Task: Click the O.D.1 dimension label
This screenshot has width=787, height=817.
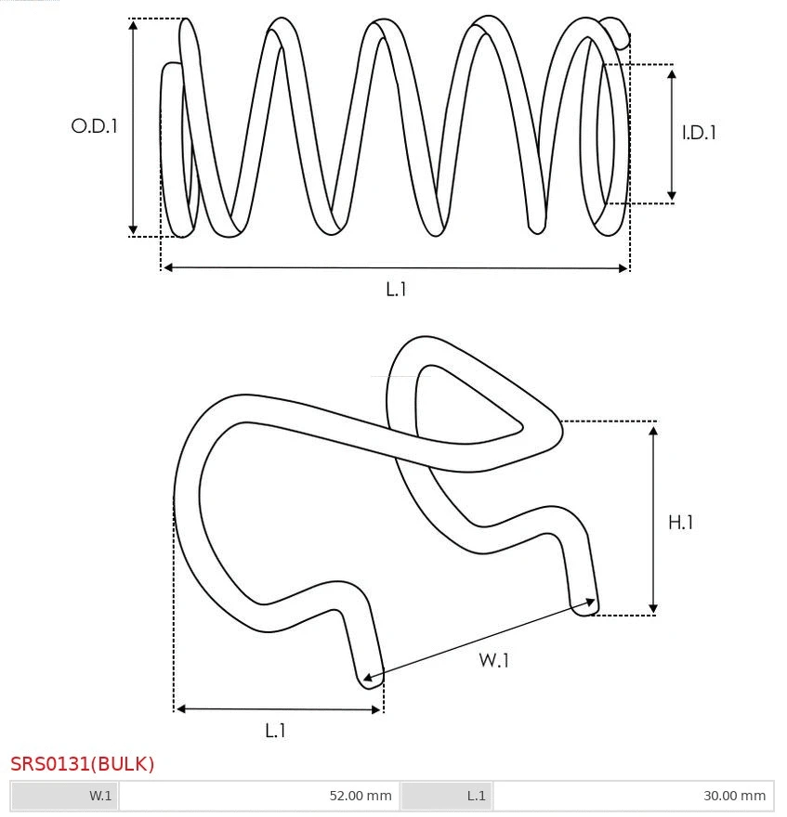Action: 95,125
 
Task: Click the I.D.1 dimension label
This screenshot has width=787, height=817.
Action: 699,133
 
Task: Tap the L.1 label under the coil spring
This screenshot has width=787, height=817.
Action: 396,289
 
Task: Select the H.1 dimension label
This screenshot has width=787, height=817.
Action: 681,523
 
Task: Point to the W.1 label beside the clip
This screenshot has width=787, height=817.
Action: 494,660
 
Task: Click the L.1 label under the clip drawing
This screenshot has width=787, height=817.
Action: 275,731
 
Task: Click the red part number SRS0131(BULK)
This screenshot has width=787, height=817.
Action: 83,764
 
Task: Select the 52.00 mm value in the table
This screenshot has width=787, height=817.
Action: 361,796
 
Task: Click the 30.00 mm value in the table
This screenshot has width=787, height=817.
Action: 734,796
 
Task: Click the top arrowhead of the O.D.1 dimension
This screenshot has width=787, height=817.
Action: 134,25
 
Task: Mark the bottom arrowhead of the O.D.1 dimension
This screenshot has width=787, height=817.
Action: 134,229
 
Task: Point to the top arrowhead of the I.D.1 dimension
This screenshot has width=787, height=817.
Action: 672,71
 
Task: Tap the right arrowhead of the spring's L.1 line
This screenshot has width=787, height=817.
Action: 623,268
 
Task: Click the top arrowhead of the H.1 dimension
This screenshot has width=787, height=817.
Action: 654,428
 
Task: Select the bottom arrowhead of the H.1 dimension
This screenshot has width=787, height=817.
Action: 654,608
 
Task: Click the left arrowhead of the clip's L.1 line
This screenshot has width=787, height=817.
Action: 181,709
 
